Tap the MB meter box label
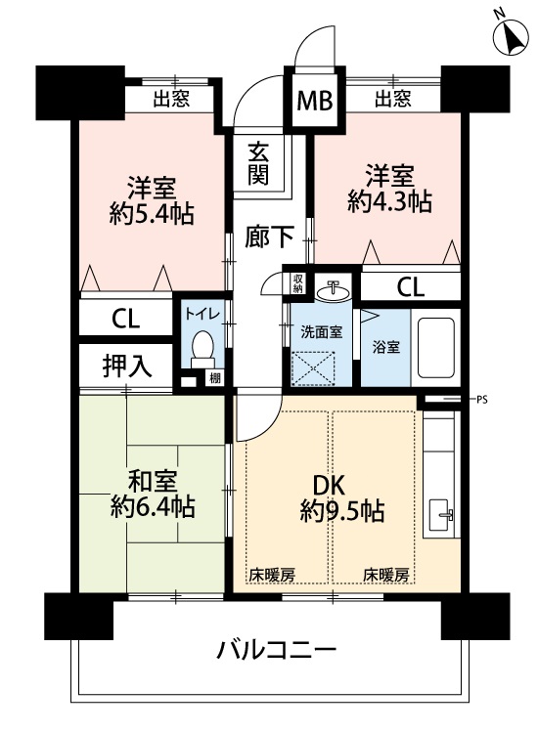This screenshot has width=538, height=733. (315, 100)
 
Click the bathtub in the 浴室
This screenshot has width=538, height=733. (436, 347)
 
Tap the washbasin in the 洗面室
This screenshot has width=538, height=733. (333, 291)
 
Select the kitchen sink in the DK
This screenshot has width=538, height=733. (440, 514)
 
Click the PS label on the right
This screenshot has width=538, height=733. (482, 400)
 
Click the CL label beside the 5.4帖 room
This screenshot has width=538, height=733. (126, 319)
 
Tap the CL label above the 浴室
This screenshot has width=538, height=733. (411, 287)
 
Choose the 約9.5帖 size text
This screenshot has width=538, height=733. (342, 511)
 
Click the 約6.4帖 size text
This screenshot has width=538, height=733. (153, 506)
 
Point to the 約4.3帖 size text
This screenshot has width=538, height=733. (389, 202)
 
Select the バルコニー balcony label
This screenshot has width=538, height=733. (277, 650)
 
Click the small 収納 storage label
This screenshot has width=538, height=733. (298, 283)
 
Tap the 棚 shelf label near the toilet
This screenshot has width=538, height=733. (215, 377)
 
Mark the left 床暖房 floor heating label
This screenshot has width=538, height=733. (272, 575)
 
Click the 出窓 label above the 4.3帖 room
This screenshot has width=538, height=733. (393, 99)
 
